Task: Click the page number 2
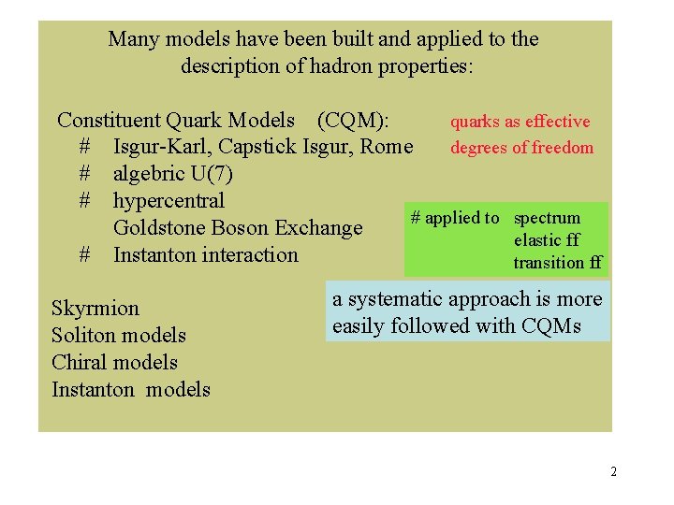(x=613, y=471)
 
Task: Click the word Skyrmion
(x=95, y=309)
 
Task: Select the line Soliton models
(x=118, y=336)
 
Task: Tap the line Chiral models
(x=114, y=363)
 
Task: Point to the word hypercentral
(x=168, y=201)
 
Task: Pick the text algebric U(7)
(x=173, y=174)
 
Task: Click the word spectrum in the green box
(x=547, y=218)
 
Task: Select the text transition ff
(x=557, y=263)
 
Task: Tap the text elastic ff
(x=546, y=240)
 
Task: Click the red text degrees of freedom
(x=521, y=148)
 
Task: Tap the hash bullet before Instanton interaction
(x=85, y=255)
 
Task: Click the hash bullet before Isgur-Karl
(x=85, y=147)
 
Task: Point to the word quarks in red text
(x=476, y=122)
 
